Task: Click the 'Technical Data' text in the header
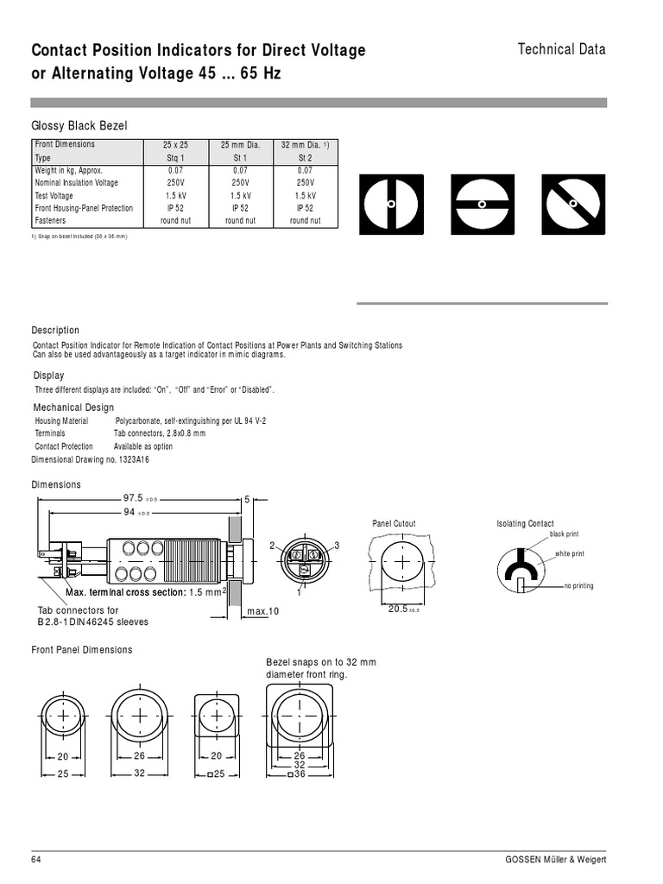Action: pos(561,49)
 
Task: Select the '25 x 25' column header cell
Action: pos(176,145)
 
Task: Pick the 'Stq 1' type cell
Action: pos(176,159)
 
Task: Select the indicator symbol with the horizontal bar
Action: pos(483,204)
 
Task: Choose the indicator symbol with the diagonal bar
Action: pos(572,204)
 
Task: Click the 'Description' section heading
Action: pos(55,331)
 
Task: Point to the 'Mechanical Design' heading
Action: pos(73,407)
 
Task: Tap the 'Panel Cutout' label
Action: pos(394,524)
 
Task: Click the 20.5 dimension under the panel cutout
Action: pos(398,609)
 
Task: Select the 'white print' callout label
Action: pos(569,553)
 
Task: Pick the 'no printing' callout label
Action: pos(578,586)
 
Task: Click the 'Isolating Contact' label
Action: pos(525,524)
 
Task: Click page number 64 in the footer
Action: pos(36,860)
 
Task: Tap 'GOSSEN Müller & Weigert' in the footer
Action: pos(556,860)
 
